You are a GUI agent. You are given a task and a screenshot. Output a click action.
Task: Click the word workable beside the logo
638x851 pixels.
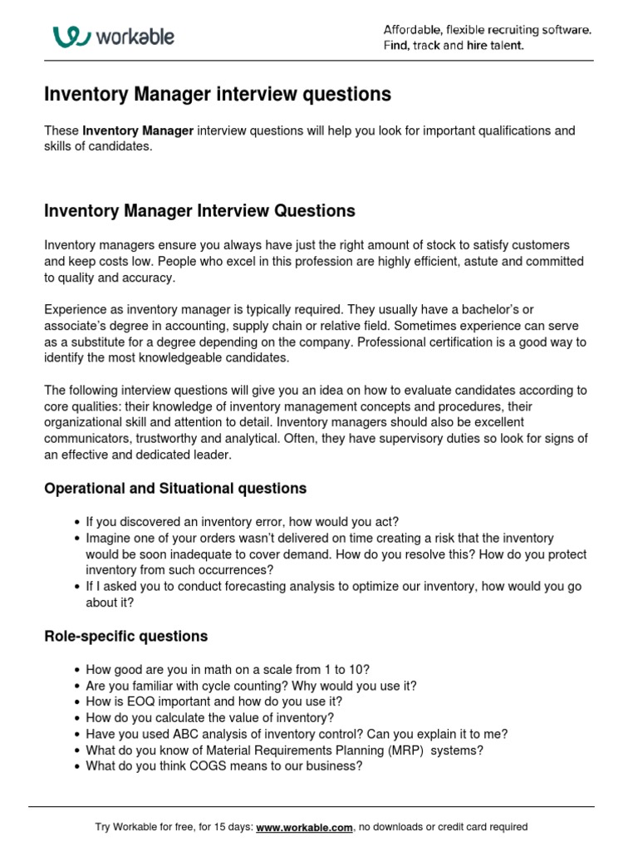point(135,37)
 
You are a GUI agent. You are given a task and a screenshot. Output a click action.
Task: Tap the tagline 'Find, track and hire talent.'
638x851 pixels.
point(453,46)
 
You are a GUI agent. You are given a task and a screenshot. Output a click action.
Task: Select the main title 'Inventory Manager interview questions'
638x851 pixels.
point(217,95)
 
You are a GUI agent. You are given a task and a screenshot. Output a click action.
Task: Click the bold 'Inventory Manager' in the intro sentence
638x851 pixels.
point(138,131)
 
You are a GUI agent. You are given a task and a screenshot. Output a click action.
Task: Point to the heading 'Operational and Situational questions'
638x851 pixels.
point(175,489)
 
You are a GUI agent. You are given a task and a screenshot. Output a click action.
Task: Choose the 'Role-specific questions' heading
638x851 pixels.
point(125,637)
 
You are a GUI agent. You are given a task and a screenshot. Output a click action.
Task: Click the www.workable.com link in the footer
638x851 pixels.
point(305,827)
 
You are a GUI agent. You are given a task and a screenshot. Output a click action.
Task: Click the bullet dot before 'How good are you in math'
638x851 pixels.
point(76,670)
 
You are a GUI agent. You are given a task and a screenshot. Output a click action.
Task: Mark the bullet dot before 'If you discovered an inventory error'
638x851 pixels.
point(76,523)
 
